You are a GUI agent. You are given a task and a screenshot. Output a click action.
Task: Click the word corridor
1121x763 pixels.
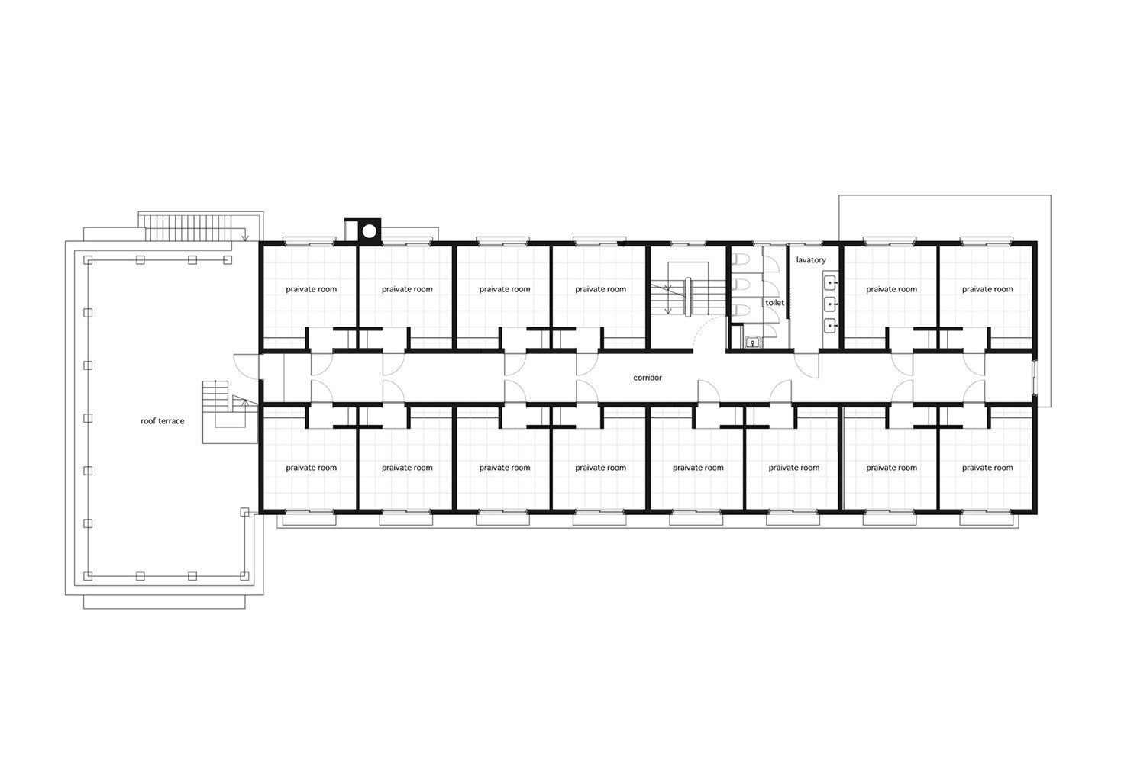[x=647, y=378]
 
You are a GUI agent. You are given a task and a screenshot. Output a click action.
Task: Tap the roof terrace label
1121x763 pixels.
[x=162, y=421]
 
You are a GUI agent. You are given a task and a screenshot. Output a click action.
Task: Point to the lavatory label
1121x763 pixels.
[x=811, y=260]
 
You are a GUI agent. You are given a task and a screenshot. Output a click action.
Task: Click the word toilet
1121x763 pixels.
[x=774, y=302]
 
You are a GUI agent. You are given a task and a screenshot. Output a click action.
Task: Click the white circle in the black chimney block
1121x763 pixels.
[x=369, y=231]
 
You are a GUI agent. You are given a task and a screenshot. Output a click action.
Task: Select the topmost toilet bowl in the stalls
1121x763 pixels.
[x=741, y=259]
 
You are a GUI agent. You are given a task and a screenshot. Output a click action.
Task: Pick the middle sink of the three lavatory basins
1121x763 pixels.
[x=831, y=304]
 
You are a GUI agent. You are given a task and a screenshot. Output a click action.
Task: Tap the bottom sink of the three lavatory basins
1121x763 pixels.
[x=831, y=326]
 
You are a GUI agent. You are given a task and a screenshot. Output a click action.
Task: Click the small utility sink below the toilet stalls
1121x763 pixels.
[x=752, y=342]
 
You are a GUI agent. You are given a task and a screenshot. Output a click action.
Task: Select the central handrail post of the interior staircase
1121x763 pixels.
[x=688, y=297]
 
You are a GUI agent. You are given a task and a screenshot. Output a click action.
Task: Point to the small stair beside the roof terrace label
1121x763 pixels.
[x=225, y=410]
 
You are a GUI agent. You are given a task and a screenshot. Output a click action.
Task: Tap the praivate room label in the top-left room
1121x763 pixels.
[x=312, y=289]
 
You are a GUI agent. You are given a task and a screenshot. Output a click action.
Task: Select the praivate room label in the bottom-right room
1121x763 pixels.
[x=987, y=468]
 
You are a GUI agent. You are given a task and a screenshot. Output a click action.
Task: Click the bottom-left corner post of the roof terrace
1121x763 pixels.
[x=88, y=576]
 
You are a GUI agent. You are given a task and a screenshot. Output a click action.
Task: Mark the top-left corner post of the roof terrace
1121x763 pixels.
[x=88, y=260]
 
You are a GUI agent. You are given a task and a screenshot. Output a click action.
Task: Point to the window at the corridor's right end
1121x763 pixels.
[x=1035, y=377]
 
